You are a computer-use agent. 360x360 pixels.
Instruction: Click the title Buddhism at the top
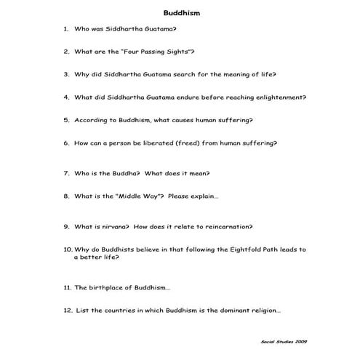click(180, 13)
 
